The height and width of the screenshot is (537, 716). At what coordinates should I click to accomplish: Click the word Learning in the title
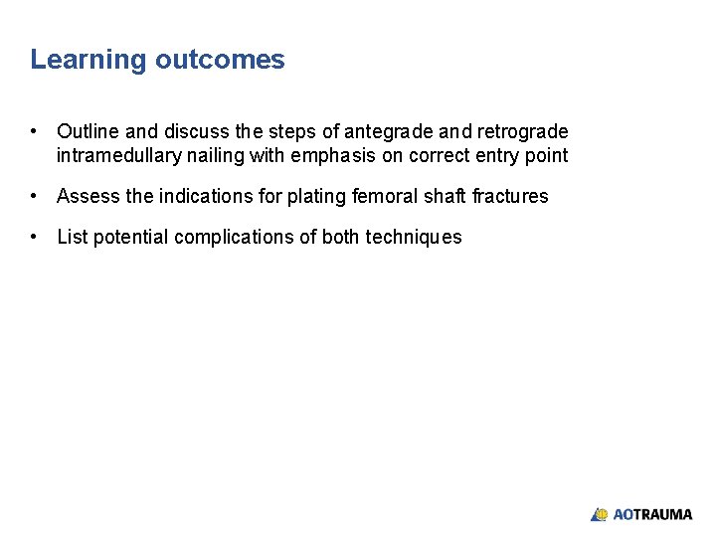click(89, 61)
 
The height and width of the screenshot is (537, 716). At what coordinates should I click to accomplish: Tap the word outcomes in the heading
click(220, 60)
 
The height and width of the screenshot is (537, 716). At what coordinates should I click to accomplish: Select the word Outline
click(89, 132)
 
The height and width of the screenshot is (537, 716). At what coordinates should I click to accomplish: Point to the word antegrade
click(385, 132)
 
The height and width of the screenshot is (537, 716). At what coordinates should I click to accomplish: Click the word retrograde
click(522, 132)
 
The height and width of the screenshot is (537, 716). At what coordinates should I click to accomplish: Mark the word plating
click(317, 197)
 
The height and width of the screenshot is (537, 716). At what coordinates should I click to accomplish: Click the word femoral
click(385, 197)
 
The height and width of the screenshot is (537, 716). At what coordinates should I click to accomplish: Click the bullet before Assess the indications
click(35, 196)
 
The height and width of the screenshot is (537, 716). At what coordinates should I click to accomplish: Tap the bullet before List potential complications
click(35, 237)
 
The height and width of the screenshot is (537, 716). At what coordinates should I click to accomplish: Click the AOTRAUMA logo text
click(652, 515)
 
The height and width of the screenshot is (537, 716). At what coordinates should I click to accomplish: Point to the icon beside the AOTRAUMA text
click(599, 515)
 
